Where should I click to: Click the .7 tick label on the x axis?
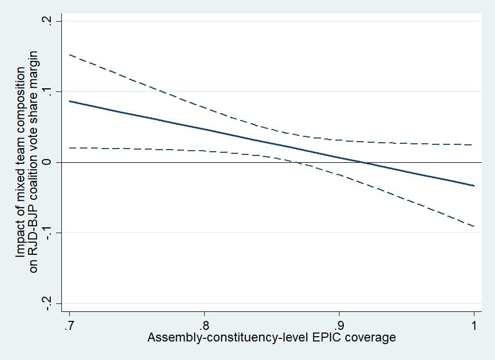pyautogui.click(x=69, y=325)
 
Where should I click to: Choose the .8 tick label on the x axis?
pyautogui.click(x=204, y=325)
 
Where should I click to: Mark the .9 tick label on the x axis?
pyautogui.click(x=339, y=325)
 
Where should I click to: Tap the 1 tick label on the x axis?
pyautogui.click(x=474, y=325)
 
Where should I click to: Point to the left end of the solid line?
pyautogui.click(x=69, y=101)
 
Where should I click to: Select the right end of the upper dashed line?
pyautogui.click(x=474, y=145)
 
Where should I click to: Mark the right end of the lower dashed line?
pyautogui.click(x=474, y=226)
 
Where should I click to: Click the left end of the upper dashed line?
pyautogui.click(x=69, y=54)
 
